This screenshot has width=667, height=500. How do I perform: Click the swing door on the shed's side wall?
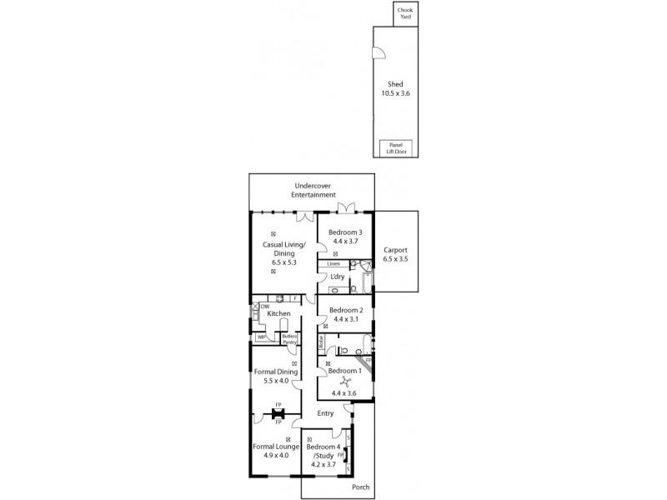(x=379, y=54)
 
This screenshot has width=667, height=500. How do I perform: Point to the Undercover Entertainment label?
(x=313, y=190)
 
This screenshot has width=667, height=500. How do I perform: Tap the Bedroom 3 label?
(x=344, y=232)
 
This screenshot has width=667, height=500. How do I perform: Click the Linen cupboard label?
(x=333, y=264)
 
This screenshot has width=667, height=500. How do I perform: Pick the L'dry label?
(x=338, y=277)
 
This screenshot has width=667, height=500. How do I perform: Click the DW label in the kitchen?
(x=264, y=307)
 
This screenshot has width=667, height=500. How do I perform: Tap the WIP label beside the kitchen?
(x=261, y=337)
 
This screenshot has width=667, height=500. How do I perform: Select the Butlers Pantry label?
(x=289, y=338)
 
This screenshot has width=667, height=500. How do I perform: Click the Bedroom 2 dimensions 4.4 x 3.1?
(x=344, y=318)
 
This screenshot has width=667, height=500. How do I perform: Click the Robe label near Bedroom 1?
(x=321, y=342)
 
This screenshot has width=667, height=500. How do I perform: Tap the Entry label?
(x=325, y=412)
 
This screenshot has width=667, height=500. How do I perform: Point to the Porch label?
(x=360, y=487)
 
